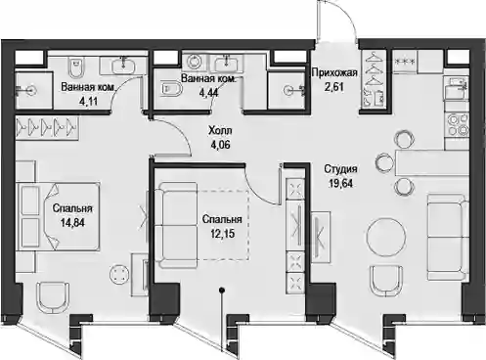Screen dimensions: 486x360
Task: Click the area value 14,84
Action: [72, 223]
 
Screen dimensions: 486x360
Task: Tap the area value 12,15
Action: [222, 234]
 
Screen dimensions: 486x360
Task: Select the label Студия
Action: [340, 169]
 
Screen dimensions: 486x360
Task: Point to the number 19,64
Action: [340, 184]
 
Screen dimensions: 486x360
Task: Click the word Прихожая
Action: [334, 72]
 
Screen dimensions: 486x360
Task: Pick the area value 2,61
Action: [334, 87]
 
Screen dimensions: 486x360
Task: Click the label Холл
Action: [220, 131]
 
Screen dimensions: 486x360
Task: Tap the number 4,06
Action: [221, 145]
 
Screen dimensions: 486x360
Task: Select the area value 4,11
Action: [88, 102]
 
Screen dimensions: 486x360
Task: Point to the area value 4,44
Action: [209, 93]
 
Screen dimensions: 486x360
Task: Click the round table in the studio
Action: [386, 237]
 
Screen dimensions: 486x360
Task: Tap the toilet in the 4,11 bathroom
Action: [76, 67]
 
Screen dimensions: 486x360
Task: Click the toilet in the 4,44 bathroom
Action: [172, 89]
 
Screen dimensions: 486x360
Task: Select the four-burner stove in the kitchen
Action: [457, 125]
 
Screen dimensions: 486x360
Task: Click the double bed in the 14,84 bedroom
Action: [58, 216]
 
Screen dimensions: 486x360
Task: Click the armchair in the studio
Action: [386, 281]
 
